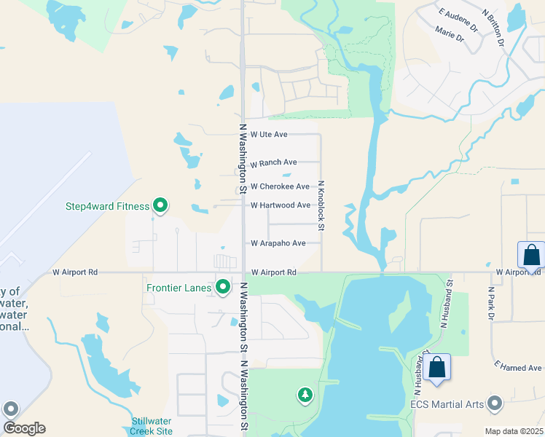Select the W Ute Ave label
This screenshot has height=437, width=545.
click(269, 134)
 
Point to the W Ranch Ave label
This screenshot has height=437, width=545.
click(273, 162)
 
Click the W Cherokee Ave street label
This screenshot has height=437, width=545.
click(280, 186)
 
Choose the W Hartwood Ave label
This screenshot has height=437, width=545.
click(280, 205)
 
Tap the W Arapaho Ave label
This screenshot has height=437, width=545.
click(278, 243)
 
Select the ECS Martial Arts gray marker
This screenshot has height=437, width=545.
click(495, 403)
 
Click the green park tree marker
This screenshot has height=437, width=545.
click(305, 395)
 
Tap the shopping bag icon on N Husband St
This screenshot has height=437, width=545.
click(437, 367)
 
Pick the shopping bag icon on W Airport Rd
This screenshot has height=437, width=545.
click(531, 255)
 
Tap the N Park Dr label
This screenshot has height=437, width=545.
click(490, 302)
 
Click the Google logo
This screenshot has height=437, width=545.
click(24, 428)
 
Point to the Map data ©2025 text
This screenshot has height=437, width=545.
click(513, 431)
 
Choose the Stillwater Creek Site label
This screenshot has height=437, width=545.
click(152, 426)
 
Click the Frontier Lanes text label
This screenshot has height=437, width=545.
click(179, 288)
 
